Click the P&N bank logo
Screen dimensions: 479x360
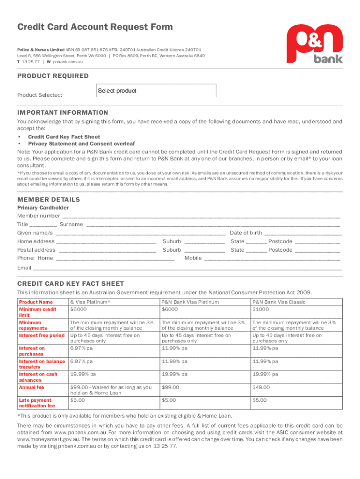(315, 44)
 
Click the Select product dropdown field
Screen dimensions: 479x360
(156, 91)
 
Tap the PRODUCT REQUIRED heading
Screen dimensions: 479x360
(53, 76)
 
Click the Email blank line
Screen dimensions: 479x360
(187, 269)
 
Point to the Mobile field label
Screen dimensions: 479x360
(193, 258)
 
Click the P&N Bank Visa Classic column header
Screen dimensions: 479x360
(279, 302)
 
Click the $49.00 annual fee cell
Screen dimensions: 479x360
(261, 387)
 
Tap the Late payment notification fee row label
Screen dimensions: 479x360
(36, 403)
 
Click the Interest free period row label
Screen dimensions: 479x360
(42, 335)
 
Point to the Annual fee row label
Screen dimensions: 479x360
(31, 387)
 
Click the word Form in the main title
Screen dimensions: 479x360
(159, 27)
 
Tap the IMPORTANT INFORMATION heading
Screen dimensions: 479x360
(63, 113)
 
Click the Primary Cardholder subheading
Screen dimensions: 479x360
(43, 208)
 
